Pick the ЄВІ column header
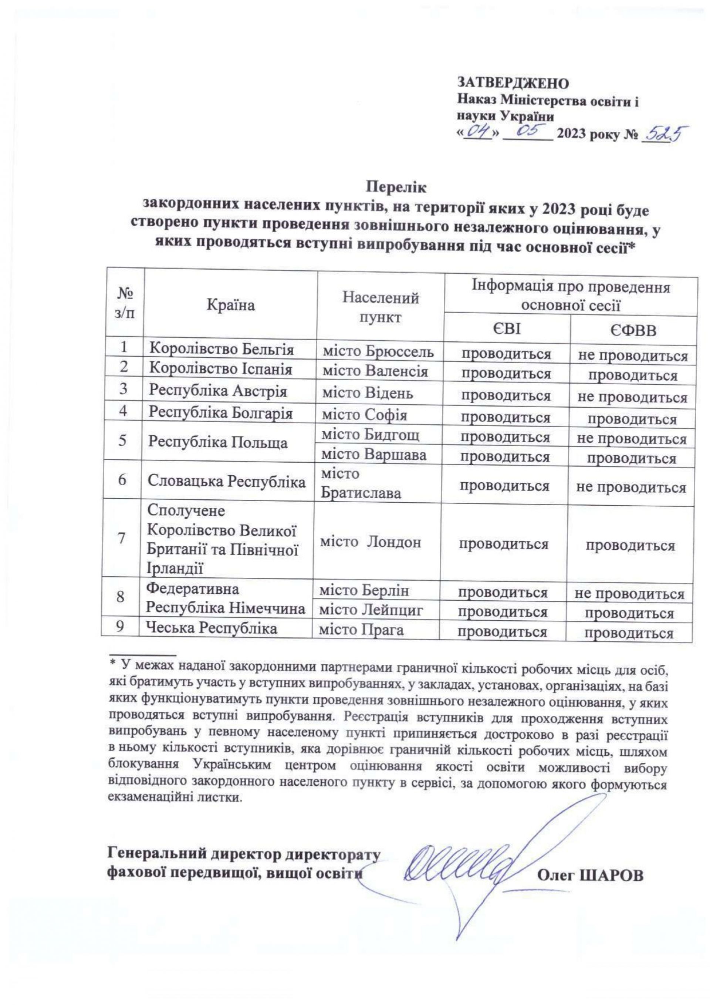507,329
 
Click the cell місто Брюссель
378,351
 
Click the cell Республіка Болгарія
221,413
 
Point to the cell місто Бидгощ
370,435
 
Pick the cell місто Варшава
374,455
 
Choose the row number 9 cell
119,628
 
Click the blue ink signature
464,862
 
